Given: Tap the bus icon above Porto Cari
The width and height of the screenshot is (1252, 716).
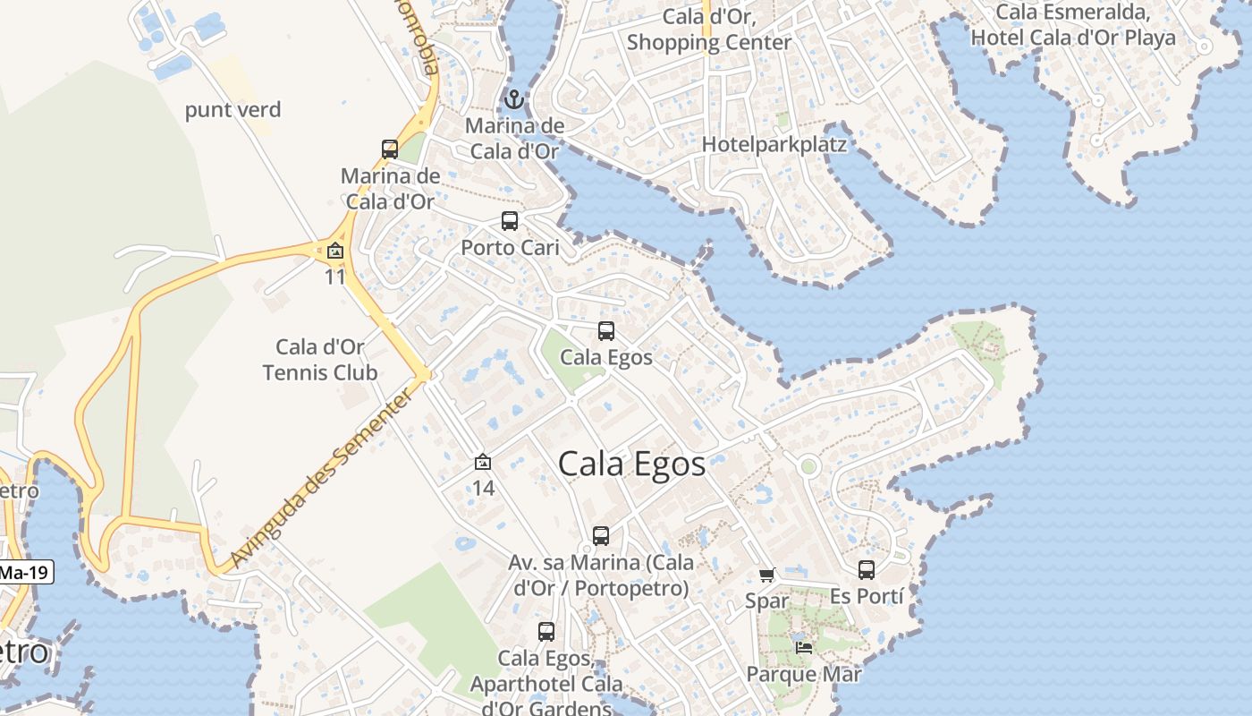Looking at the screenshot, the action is coord(510,221).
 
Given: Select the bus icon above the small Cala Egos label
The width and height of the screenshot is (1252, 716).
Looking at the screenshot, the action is coord(606,331).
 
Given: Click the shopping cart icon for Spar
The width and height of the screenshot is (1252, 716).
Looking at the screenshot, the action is coord(766,575).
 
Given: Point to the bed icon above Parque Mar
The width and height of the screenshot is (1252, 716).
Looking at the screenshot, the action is coord(804,647).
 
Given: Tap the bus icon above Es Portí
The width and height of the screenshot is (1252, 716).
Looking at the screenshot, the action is coord(867,570).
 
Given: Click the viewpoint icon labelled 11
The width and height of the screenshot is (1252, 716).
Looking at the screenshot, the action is coord(335,251).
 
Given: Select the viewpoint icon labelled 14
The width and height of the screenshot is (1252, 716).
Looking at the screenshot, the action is coord(483,462).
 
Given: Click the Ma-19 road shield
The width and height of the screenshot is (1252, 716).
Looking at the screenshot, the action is coord(25,572).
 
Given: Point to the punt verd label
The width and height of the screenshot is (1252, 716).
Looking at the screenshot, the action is coord(233,110).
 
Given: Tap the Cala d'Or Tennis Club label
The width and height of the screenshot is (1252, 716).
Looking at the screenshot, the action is coord(320,360).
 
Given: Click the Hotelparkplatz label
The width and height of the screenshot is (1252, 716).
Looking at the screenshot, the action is coord(774,144).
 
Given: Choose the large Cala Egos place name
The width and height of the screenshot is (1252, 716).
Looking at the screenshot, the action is coord(632,465).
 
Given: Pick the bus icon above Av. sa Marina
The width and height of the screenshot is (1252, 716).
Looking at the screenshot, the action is coord(601,536).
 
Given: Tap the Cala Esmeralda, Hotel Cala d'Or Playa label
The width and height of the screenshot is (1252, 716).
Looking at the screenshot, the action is coord(1073,25).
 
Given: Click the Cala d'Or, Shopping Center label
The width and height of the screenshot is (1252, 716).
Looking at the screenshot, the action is coord(709,30).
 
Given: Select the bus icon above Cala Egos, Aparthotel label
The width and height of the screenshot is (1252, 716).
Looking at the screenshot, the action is coord(546,632).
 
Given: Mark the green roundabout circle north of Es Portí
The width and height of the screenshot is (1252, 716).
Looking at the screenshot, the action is coord(809,466).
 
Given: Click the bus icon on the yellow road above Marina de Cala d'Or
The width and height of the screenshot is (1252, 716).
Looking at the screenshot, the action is coord(390,149).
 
